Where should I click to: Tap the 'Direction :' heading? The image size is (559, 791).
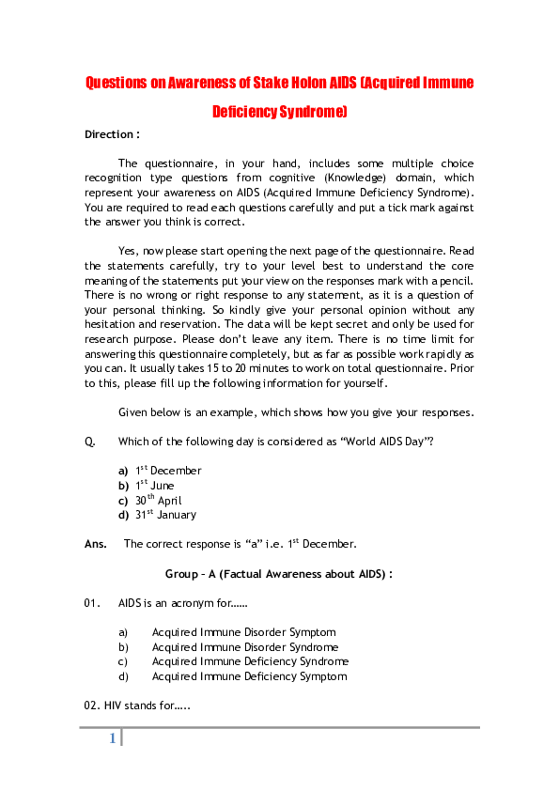pos(112,134)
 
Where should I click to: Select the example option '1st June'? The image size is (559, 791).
pos(154,486)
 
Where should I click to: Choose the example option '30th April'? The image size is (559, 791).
pos(158,501)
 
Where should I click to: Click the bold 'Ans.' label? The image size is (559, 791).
pos(95,544)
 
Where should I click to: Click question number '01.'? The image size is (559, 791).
pos(92,602)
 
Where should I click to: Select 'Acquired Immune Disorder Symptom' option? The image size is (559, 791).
pos(243,632)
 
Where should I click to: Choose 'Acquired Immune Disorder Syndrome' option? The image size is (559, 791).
pos(245,647)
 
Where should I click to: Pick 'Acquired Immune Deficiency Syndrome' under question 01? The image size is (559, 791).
pos(250,661)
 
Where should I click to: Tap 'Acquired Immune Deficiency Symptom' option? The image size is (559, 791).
pos(248,676)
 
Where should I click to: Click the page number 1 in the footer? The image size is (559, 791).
pos(112,738)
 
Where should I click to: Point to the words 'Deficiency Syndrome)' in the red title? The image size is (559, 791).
pos(279,112)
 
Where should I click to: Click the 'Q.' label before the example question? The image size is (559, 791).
pos(89,442)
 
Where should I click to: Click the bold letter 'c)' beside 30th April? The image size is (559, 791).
pos(123,501)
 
